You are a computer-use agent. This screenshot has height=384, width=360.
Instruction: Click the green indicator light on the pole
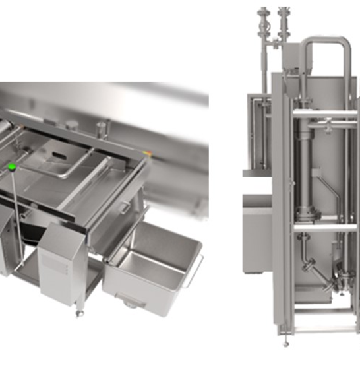coord(12,167)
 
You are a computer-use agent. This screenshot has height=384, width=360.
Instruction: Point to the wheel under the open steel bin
coord(130,304)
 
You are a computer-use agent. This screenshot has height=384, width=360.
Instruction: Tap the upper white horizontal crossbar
coord(324,114)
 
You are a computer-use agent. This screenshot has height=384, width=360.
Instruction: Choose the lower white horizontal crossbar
coord(324,226)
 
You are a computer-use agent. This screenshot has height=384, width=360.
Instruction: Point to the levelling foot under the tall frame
coord(285,342)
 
